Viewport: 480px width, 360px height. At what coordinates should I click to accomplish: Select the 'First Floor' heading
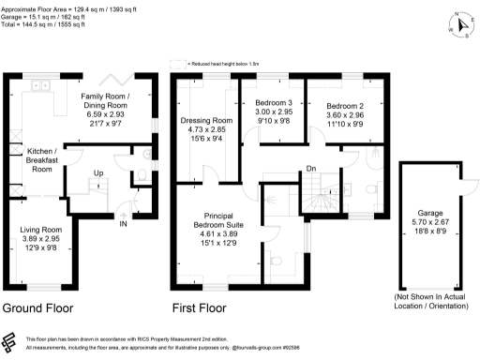coord(199,307)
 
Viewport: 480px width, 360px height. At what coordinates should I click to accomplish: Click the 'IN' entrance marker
coord(123,223)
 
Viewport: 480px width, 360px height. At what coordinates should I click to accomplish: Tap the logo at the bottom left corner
coord(11,342)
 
